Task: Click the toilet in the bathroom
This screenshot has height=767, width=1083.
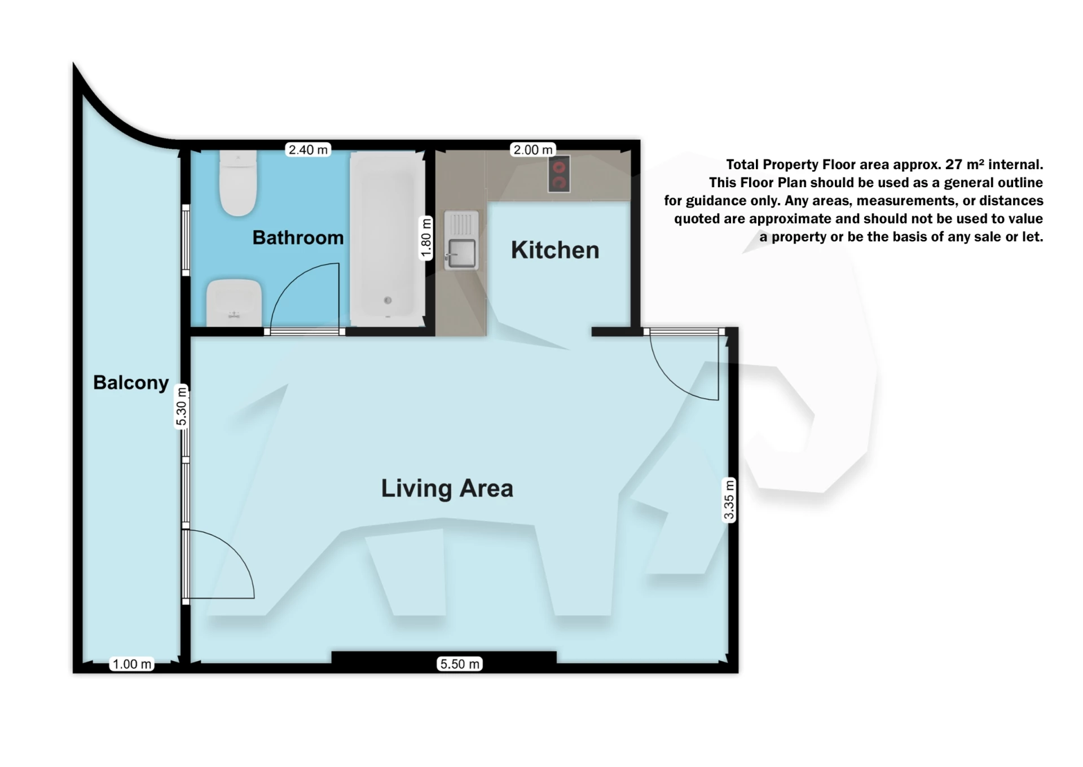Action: tap(239, 183)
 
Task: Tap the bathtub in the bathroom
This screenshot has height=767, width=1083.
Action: tap(388, 239)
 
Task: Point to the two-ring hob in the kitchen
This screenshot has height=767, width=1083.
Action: tap(558, 174)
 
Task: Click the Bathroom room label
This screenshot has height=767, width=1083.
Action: tap(298, 237)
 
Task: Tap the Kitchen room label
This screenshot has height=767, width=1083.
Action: tap(555, 250)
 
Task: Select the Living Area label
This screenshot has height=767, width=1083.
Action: tap(447, 488)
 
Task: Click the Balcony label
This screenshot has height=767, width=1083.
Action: tap(131, 382)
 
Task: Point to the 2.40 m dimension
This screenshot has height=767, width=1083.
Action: tap(308, 149)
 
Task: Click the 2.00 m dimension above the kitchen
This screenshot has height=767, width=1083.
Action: tap(532, 149)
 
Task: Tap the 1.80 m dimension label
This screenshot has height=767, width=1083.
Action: tap(426, 239)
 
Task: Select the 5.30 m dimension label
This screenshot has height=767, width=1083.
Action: tap(181, 407)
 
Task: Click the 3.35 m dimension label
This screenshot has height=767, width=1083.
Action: tap(729, 500)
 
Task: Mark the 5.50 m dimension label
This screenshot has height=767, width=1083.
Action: tap(460, 664)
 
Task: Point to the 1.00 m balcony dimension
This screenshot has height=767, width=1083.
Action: tap(132, 664)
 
